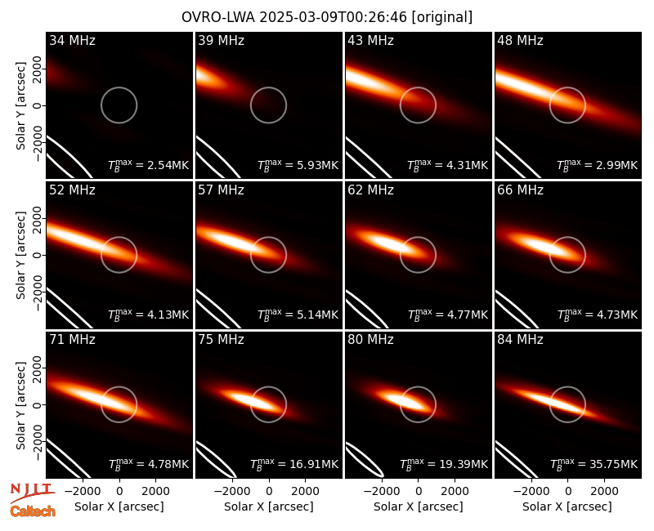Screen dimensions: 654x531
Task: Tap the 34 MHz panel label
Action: click(x=72, y=40)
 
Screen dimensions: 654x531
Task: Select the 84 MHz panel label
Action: click(x=520, y=340)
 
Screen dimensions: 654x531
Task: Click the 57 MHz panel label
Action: click(x=221, y=190)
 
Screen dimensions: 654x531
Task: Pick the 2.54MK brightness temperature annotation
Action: click(x=149, y=165)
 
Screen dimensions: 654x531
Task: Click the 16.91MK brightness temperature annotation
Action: click(x=294, y=463)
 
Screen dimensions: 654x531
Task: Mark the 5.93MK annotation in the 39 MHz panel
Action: click(x=298, y=165)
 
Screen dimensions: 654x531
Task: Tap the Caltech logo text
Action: click(x=33, y=511)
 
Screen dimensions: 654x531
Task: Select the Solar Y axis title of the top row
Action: click(x=20, y=106)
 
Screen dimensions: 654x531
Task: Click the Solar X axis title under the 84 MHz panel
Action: click(x=567, y=506)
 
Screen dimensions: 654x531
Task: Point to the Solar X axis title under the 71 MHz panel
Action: click(x=119, y=506)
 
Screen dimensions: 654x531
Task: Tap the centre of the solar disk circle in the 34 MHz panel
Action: click(x=119, y=105)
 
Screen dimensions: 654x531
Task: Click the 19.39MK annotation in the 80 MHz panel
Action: click(x=444, y=463)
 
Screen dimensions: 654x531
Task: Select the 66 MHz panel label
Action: click(x=520, y=190)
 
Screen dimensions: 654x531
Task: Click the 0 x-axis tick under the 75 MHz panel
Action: click(x=269, y=492)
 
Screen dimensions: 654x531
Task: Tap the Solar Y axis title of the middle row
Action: click(x=20, y=255)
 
